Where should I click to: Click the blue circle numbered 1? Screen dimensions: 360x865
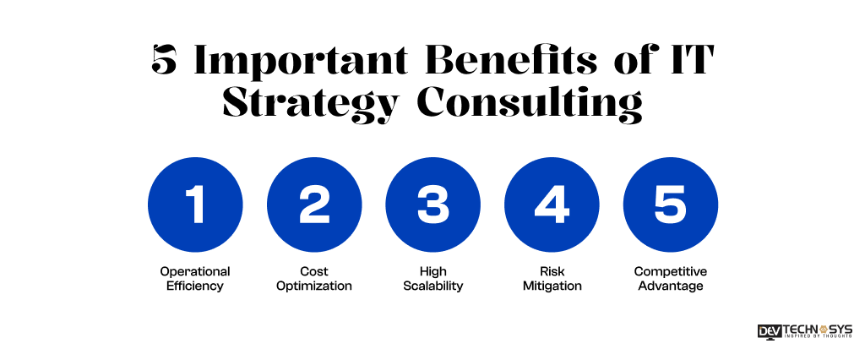195,205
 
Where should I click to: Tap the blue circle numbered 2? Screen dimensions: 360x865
314,205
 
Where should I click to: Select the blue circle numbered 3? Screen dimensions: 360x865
432,205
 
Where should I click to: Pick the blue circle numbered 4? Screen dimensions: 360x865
552,205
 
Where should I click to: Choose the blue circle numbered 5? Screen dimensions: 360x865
671,205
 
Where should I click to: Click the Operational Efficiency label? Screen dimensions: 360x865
195,279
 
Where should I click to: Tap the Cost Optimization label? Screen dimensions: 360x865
314,279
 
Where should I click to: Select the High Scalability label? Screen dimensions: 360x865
432,279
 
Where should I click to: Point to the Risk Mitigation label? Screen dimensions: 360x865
552,279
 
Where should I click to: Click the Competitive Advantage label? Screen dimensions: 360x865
671,279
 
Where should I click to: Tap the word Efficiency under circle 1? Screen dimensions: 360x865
195,286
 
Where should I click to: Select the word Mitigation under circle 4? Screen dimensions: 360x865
552,286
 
